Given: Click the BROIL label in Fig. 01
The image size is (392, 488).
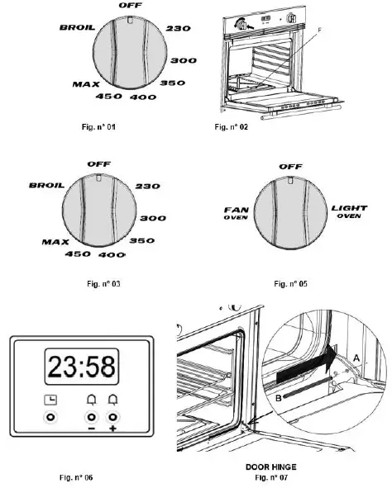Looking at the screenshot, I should (x=75, y=26).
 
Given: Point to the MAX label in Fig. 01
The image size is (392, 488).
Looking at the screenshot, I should (x=87, y=84).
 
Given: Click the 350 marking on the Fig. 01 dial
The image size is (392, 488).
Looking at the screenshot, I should (x=172, y=83).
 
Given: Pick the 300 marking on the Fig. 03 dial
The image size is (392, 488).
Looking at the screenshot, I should (x=153, y=218).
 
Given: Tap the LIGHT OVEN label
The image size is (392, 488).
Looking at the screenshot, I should (x=349, y=212).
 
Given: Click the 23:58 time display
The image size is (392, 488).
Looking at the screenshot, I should (x=79, y=367).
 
